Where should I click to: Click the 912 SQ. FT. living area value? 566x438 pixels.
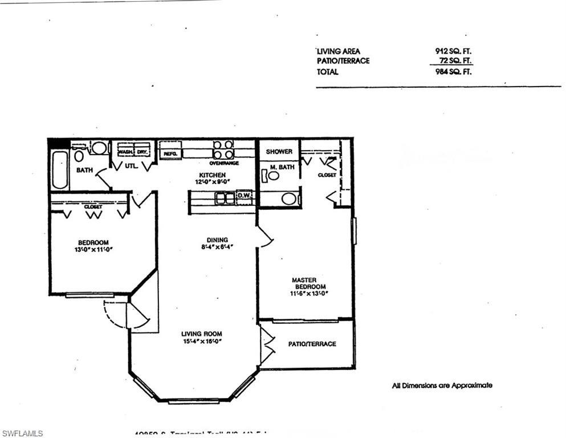tap(453, 51)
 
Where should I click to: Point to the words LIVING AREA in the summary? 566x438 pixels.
tap(339, 51)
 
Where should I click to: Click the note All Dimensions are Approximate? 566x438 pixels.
tap(442, 386)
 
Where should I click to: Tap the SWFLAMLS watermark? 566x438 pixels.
tap(22, 433)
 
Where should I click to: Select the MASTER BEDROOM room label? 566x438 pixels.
tap(308, 283)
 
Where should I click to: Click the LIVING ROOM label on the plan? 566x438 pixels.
tap(201, 334)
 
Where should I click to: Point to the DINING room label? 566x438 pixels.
tap(217, 240)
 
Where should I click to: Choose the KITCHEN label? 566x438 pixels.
tap(212, 175)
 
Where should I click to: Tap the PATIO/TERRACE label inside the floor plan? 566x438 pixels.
tap(312, 344)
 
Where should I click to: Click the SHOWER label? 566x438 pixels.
tap(279, 152)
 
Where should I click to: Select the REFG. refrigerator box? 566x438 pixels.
tap(170, 153)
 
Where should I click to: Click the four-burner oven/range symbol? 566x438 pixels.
tap(223, 150)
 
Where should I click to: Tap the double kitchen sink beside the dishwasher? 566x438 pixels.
tap(225, 198)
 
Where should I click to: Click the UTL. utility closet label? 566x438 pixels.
tap(132, 167)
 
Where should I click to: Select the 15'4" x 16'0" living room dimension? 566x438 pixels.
tap(202, 342)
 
